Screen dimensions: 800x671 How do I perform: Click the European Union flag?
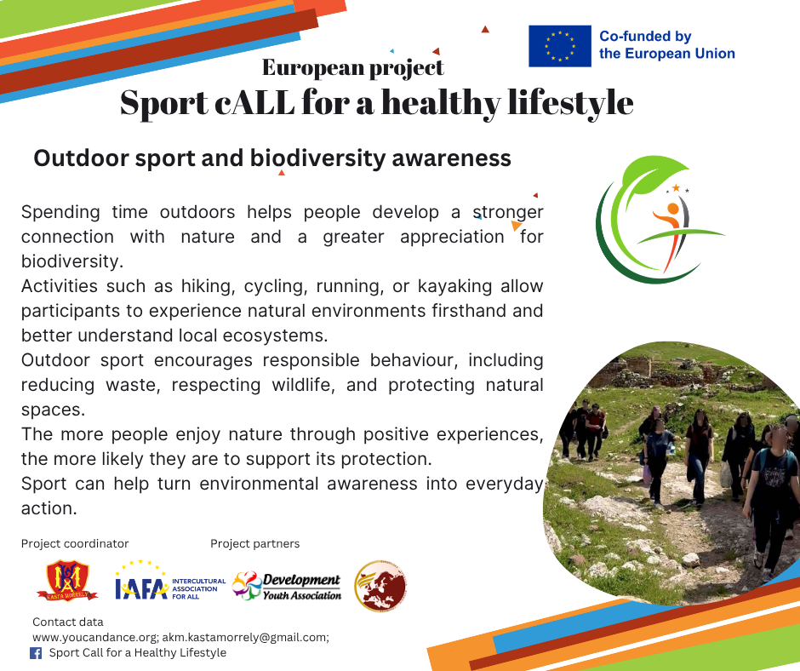click(x=560, y=46)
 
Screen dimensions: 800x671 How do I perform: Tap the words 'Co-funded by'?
click(x=645, y=37)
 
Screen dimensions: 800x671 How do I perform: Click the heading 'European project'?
click(x=353, y=68)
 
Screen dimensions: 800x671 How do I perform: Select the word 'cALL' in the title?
click(x=254, y=103)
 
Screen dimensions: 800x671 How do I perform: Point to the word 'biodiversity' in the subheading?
click(x=317, y=158)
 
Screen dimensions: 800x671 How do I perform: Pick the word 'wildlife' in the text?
click(x=303, y=385)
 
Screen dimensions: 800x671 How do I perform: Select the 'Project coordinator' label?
click(x=75, y=543)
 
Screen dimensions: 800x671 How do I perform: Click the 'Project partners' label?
click(x=254, y=543)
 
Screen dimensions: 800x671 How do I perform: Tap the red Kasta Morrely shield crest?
click(x=67, y=581)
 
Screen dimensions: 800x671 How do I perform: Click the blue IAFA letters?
click(x=141, y=588)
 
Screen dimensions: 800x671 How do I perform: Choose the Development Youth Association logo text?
click(x=301, y=587)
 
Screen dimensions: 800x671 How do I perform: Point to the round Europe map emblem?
click(x=380, y=586)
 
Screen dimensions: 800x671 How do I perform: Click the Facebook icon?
click(x=36, y=653)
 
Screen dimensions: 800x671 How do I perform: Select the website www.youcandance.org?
click(x=95, y=637)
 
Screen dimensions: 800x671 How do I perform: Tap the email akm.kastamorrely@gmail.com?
click(x=244, y=637)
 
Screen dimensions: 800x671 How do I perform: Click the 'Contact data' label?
click(x=68, y=622)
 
